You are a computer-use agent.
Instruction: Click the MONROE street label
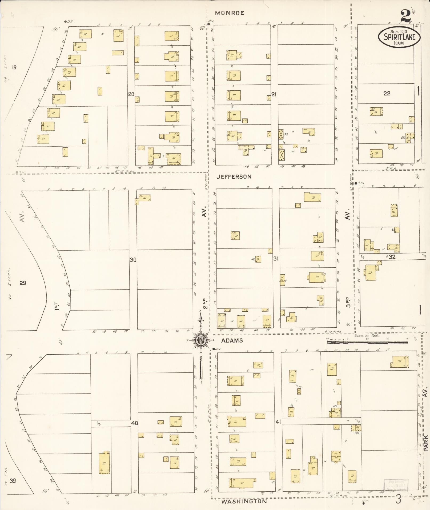click(230, 13)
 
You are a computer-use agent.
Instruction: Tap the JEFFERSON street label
click(234, 176)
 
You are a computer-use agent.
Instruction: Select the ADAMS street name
click(232, 340)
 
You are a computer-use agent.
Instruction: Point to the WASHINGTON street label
click(244, 501)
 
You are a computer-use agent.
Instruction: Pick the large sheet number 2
click(405, 16)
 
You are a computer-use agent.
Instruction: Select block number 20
click(131, 94)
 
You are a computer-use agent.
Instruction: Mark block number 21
click(274, 94)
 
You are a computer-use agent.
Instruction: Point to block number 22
click(387, 93)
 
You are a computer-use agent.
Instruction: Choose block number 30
click(133, 259)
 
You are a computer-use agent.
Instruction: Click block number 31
click(276, 258)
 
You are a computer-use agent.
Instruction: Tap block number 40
click(135, 423)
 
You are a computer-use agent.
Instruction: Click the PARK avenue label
click(426, 443)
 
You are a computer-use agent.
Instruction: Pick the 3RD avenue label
click(348, 302)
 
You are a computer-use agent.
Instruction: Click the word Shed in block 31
click(283, 280)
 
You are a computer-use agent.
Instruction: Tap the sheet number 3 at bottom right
click(398, 500)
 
